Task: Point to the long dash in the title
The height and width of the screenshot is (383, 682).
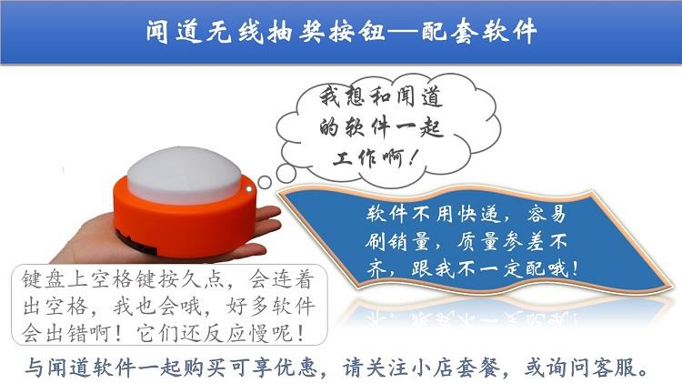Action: [x=403, y=32]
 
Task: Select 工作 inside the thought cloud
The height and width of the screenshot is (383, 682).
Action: [x=356, y=158]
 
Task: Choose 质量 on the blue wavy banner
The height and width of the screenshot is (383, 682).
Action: [x=477, y=241]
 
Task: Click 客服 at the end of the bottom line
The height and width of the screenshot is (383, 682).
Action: [x=614, y=368]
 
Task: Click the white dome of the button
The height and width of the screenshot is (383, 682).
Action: [x=185, y=175]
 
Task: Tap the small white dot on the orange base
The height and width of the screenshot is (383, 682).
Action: [x=249, y=189]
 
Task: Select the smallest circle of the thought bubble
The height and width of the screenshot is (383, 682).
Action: [x=265, y=182]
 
